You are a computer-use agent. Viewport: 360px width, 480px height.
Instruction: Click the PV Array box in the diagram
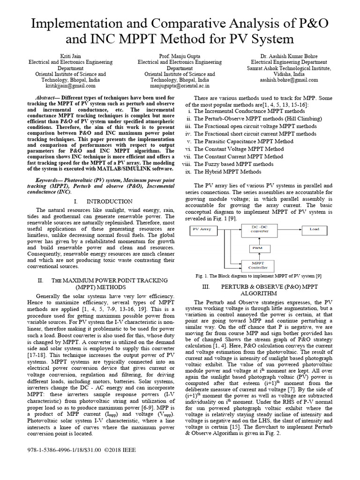click(202, 230)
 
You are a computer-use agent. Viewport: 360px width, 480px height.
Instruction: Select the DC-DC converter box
click(253, 229)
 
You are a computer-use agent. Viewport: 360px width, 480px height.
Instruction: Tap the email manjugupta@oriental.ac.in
click(180, 86)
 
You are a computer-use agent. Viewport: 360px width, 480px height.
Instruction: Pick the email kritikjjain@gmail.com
click(71, 86)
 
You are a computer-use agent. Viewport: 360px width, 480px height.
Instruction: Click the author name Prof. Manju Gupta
click(180, 56)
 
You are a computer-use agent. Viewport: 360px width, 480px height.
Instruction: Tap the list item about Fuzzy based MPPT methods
click(233, 164)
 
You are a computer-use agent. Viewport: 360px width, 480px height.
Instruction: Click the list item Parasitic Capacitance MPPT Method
click(243, 141)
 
